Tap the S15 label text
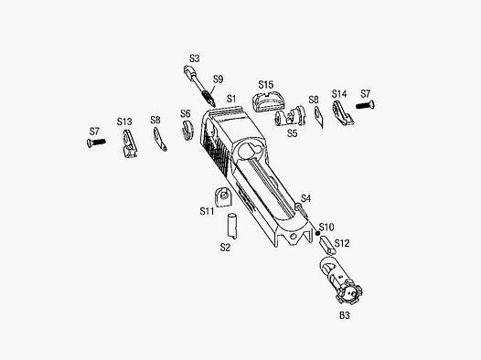click(266, 85)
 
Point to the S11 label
click(207, 211)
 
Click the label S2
click(224, 247)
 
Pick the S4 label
click(305, 198)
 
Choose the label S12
click(343, 243)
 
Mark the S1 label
click(231, 98)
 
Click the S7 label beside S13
click(94, 132)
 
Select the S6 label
click(185, 114)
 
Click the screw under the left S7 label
click(99, 143)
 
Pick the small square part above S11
click(220, 195)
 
